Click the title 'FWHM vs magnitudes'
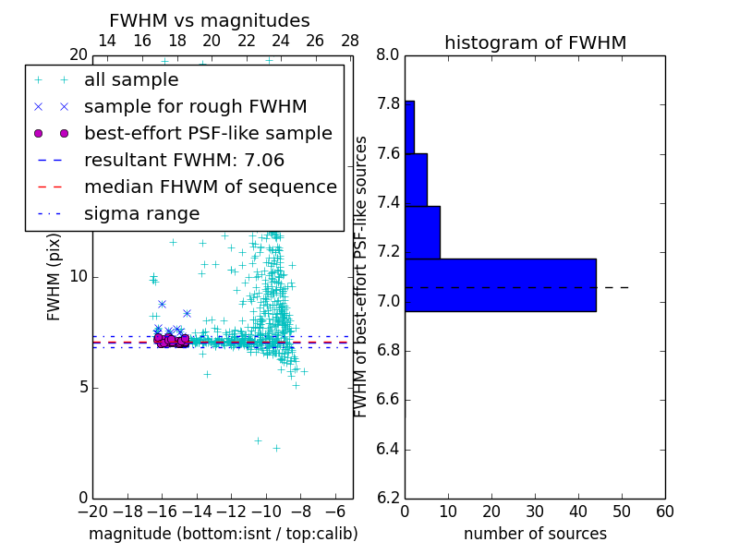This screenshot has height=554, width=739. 209,20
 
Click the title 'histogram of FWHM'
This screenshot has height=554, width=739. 535,42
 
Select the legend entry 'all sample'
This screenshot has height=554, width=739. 131,80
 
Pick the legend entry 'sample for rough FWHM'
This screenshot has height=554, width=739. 195,106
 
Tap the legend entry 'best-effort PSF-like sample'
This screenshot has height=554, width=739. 208,133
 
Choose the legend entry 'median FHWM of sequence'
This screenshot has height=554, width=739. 210,187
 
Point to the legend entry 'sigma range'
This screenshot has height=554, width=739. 141,213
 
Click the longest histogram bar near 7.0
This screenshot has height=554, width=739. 500,284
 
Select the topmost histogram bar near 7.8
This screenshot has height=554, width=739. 409,126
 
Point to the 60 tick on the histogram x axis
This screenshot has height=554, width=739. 664,512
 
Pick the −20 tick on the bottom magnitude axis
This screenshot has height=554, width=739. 92,512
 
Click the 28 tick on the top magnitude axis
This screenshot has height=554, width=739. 350,41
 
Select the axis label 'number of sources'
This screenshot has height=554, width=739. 535,534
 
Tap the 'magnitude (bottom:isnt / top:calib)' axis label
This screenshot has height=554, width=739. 223,534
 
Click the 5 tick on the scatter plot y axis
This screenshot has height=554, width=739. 81,387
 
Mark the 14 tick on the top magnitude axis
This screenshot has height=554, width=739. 107,41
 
